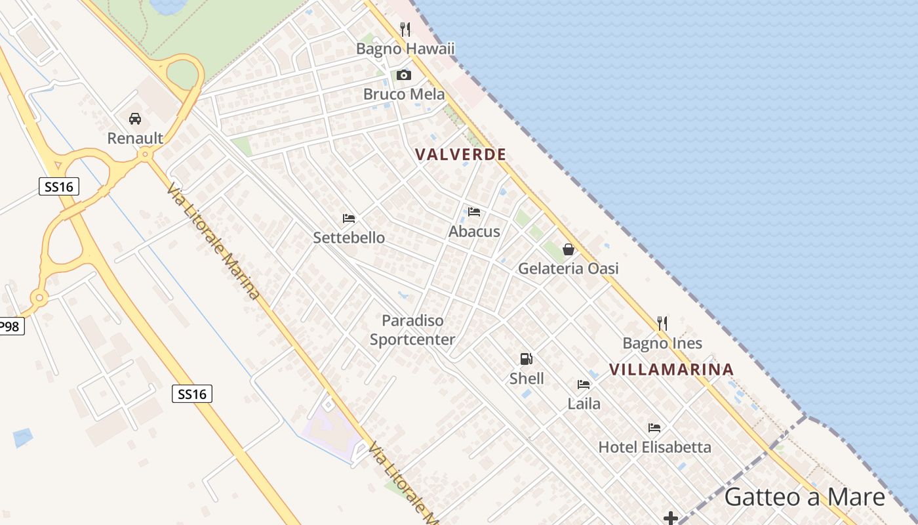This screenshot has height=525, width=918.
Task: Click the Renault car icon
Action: click(135, 119)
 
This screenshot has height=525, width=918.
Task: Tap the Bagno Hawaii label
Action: click(405, 49)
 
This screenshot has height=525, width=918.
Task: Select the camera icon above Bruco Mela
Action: click(404, 75)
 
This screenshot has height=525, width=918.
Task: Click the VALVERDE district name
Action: click(460, 155)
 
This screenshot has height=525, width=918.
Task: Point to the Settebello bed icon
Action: click(349, 218)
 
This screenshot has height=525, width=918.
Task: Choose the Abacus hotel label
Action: click(474, 232)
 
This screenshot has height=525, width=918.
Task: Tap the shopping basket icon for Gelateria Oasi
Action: click(569, 249)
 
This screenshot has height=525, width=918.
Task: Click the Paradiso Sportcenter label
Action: click(412, 330)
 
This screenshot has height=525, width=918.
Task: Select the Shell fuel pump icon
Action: click(526, 359)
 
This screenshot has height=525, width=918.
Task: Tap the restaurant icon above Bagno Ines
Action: click(662, 324)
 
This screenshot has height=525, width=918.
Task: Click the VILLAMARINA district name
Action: click(671, 369)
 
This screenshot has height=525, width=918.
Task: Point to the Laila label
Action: click(584, 404)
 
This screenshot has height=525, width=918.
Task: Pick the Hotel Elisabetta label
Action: click(654, 448)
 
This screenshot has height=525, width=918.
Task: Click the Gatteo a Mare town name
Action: click(805, 497)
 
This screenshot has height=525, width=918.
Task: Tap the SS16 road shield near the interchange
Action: click(59, 187)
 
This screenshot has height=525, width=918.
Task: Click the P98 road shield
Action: click(10, 326)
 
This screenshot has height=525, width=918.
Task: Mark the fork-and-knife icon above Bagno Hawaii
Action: click(405, 30)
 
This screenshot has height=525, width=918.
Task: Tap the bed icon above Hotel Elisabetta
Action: click(654, 428)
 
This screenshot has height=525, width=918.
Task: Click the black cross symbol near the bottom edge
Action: click(670, 518)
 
